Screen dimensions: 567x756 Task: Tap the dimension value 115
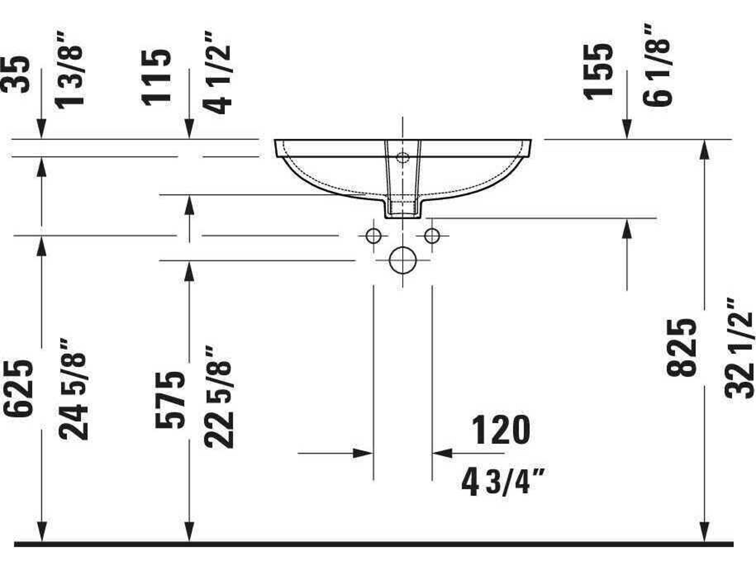[156, 78]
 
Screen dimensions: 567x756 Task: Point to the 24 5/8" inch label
[73, 390]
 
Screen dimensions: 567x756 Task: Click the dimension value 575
[170, 400]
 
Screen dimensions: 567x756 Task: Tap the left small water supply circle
[373, 236]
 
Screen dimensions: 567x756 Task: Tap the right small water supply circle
[432, 236]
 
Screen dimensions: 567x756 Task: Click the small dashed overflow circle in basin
[403, 158]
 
